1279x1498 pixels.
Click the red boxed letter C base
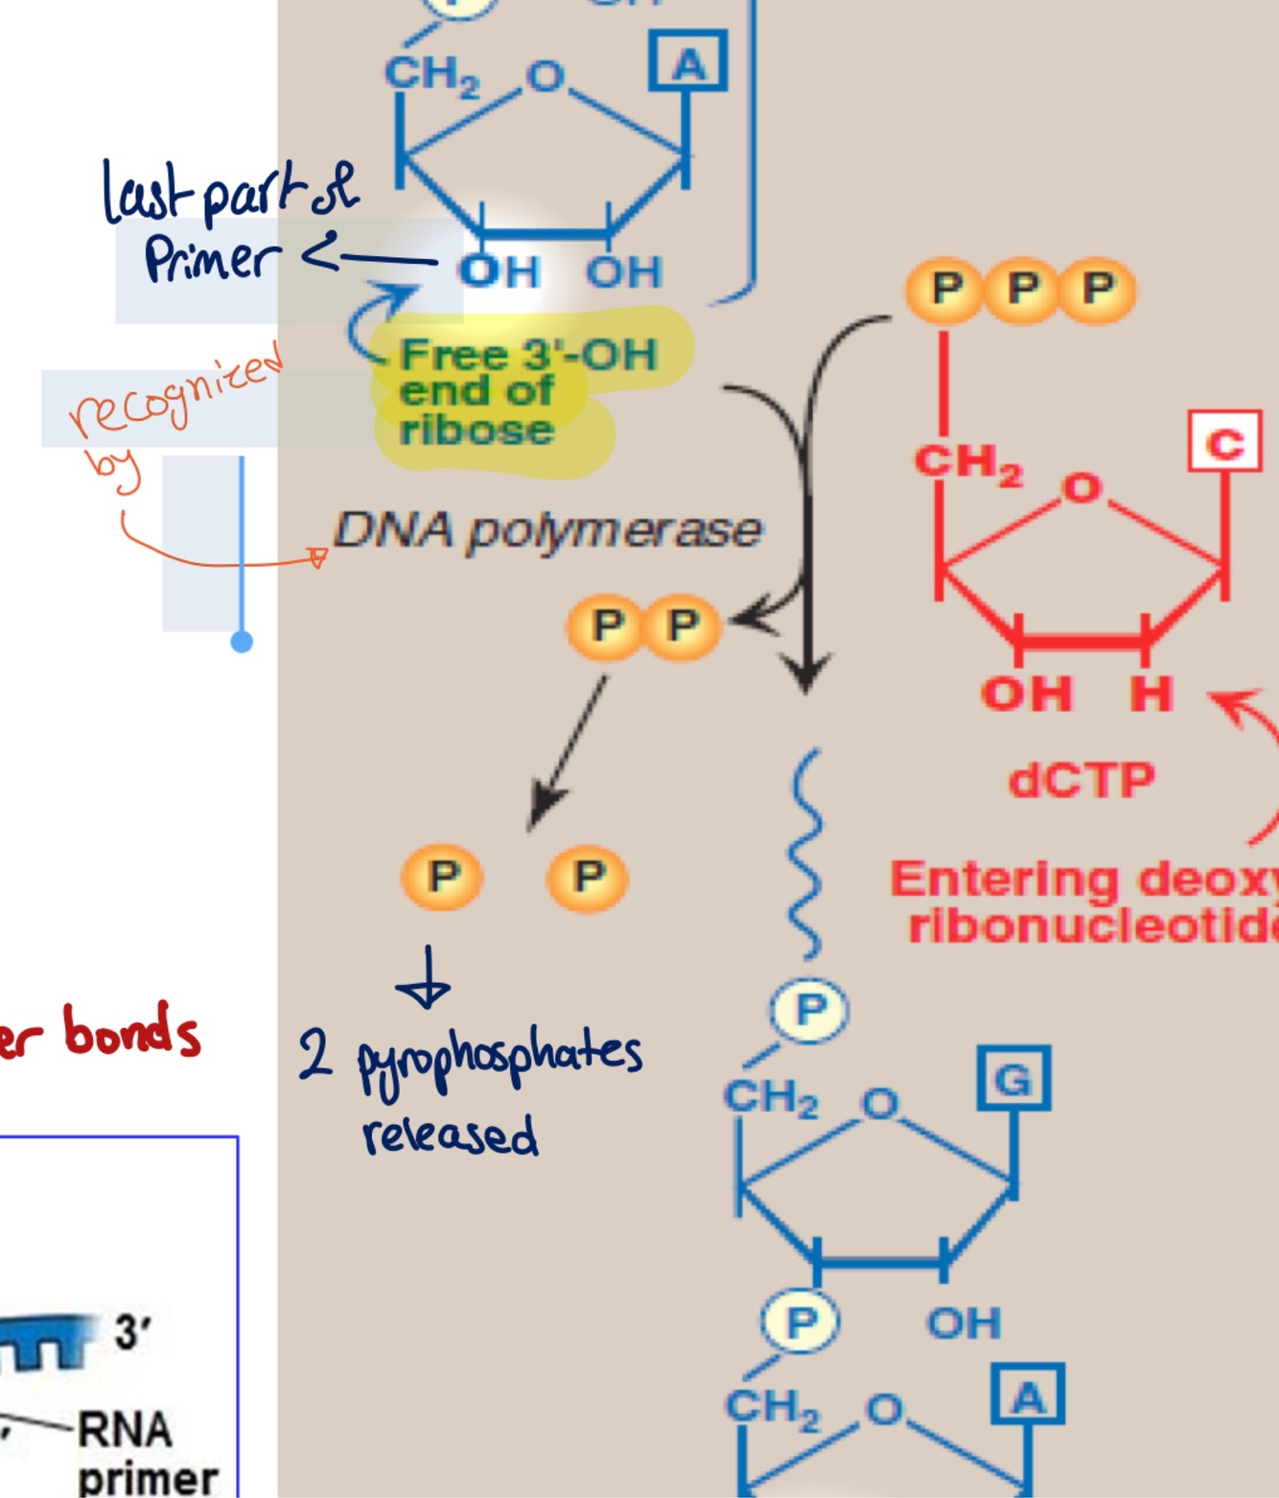(x=1224, y=442)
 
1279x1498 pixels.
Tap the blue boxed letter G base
(x=1013, y=1079)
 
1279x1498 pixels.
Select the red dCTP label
(x=1081, y=780)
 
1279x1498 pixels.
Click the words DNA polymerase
(x=546, y=530)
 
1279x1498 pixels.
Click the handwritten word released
(x=450, y=1135)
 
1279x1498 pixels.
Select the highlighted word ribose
(x=477, y=430)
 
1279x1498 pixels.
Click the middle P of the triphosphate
(x=1022, y=289)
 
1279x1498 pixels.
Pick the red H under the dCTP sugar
(x=1151, y=692)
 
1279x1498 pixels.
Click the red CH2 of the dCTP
(x=967, y=463)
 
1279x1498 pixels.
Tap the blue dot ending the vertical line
(x=242, y=642)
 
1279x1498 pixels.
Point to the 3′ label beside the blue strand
(x=132, y=1332)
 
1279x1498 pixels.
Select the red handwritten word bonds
(x=131, y=1032)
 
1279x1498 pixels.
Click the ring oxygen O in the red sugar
(x=1081, y=489)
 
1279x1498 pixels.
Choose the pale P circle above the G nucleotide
(x=809, y=1010)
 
